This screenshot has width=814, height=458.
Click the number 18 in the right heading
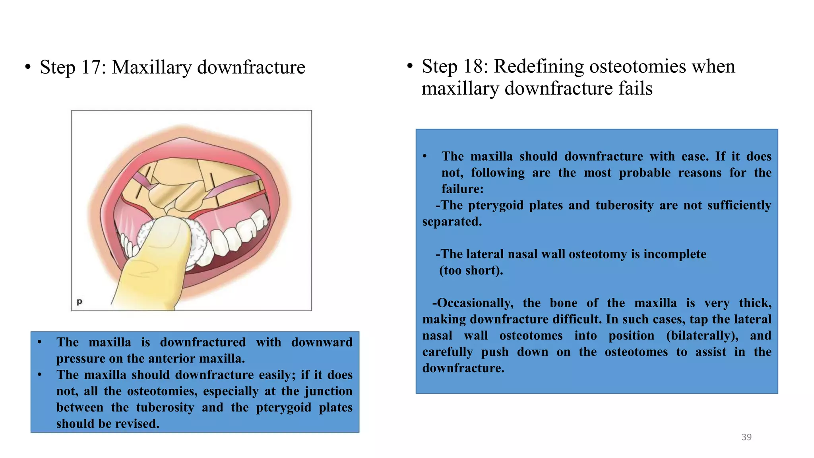click(475, 66)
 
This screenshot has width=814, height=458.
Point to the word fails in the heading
click(635, 88)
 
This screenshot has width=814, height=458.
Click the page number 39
click(746, 437)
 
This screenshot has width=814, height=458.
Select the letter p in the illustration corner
click(79, 301)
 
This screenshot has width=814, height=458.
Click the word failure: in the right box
click(462, 189)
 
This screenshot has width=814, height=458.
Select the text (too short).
click(471, 270)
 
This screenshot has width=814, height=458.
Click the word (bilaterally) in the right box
click(702, 336)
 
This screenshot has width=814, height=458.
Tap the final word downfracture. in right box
click(463, 368)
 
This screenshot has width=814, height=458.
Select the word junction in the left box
click(328, 391)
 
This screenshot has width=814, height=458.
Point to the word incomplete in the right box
click(675, 254)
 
